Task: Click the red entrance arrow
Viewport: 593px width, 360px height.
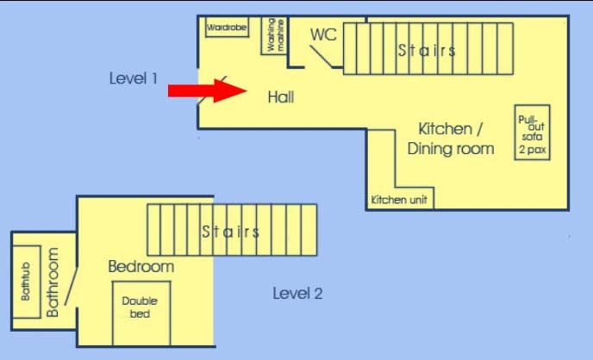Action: (207, 90)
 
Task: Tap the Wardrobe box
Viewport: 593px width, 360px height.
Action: (227, 28)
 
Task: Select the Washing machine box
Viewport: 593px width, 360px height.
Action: (274, 35)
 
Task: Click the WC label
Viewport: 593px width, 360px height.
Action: (323, 34)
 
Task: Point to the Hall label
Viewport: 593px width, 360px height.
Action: (281, 97)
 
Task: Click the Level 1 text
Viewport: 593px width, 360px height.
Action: (133, 78)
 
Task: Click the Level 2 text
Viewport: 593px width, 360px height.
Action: (297, 294)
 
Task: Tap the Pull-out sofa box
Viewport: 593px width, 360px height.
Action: (532, 133)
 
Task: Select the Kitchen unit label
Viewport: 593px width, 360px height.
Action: (399, 200)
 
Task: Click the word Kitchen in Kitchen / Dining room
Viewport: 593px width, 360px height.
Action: (445, 129)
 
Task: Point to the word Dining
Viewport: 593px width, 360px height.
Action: (429, 148)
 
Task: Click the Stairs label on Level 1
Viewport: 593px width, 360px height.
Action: (427, 50)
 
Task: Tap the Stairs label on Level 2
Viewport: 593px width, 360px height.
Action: (231, 231)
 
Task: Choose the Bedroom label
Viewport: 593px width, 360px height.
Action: (141, 267)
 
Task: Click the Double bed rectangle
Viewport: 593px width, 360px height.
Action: (141, 313)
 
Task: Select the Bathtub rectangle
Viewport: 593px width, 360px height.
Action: (27, 282)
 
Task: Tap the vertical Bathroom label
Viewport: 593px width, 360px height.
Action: (53, 282)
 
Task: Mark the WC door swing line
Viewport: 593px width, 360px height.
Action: (321, 57)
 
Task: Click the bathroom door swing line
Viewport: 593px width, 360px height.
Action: (71, 286)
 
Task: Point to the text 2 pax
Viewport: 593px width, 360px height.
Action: (533, 150)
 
